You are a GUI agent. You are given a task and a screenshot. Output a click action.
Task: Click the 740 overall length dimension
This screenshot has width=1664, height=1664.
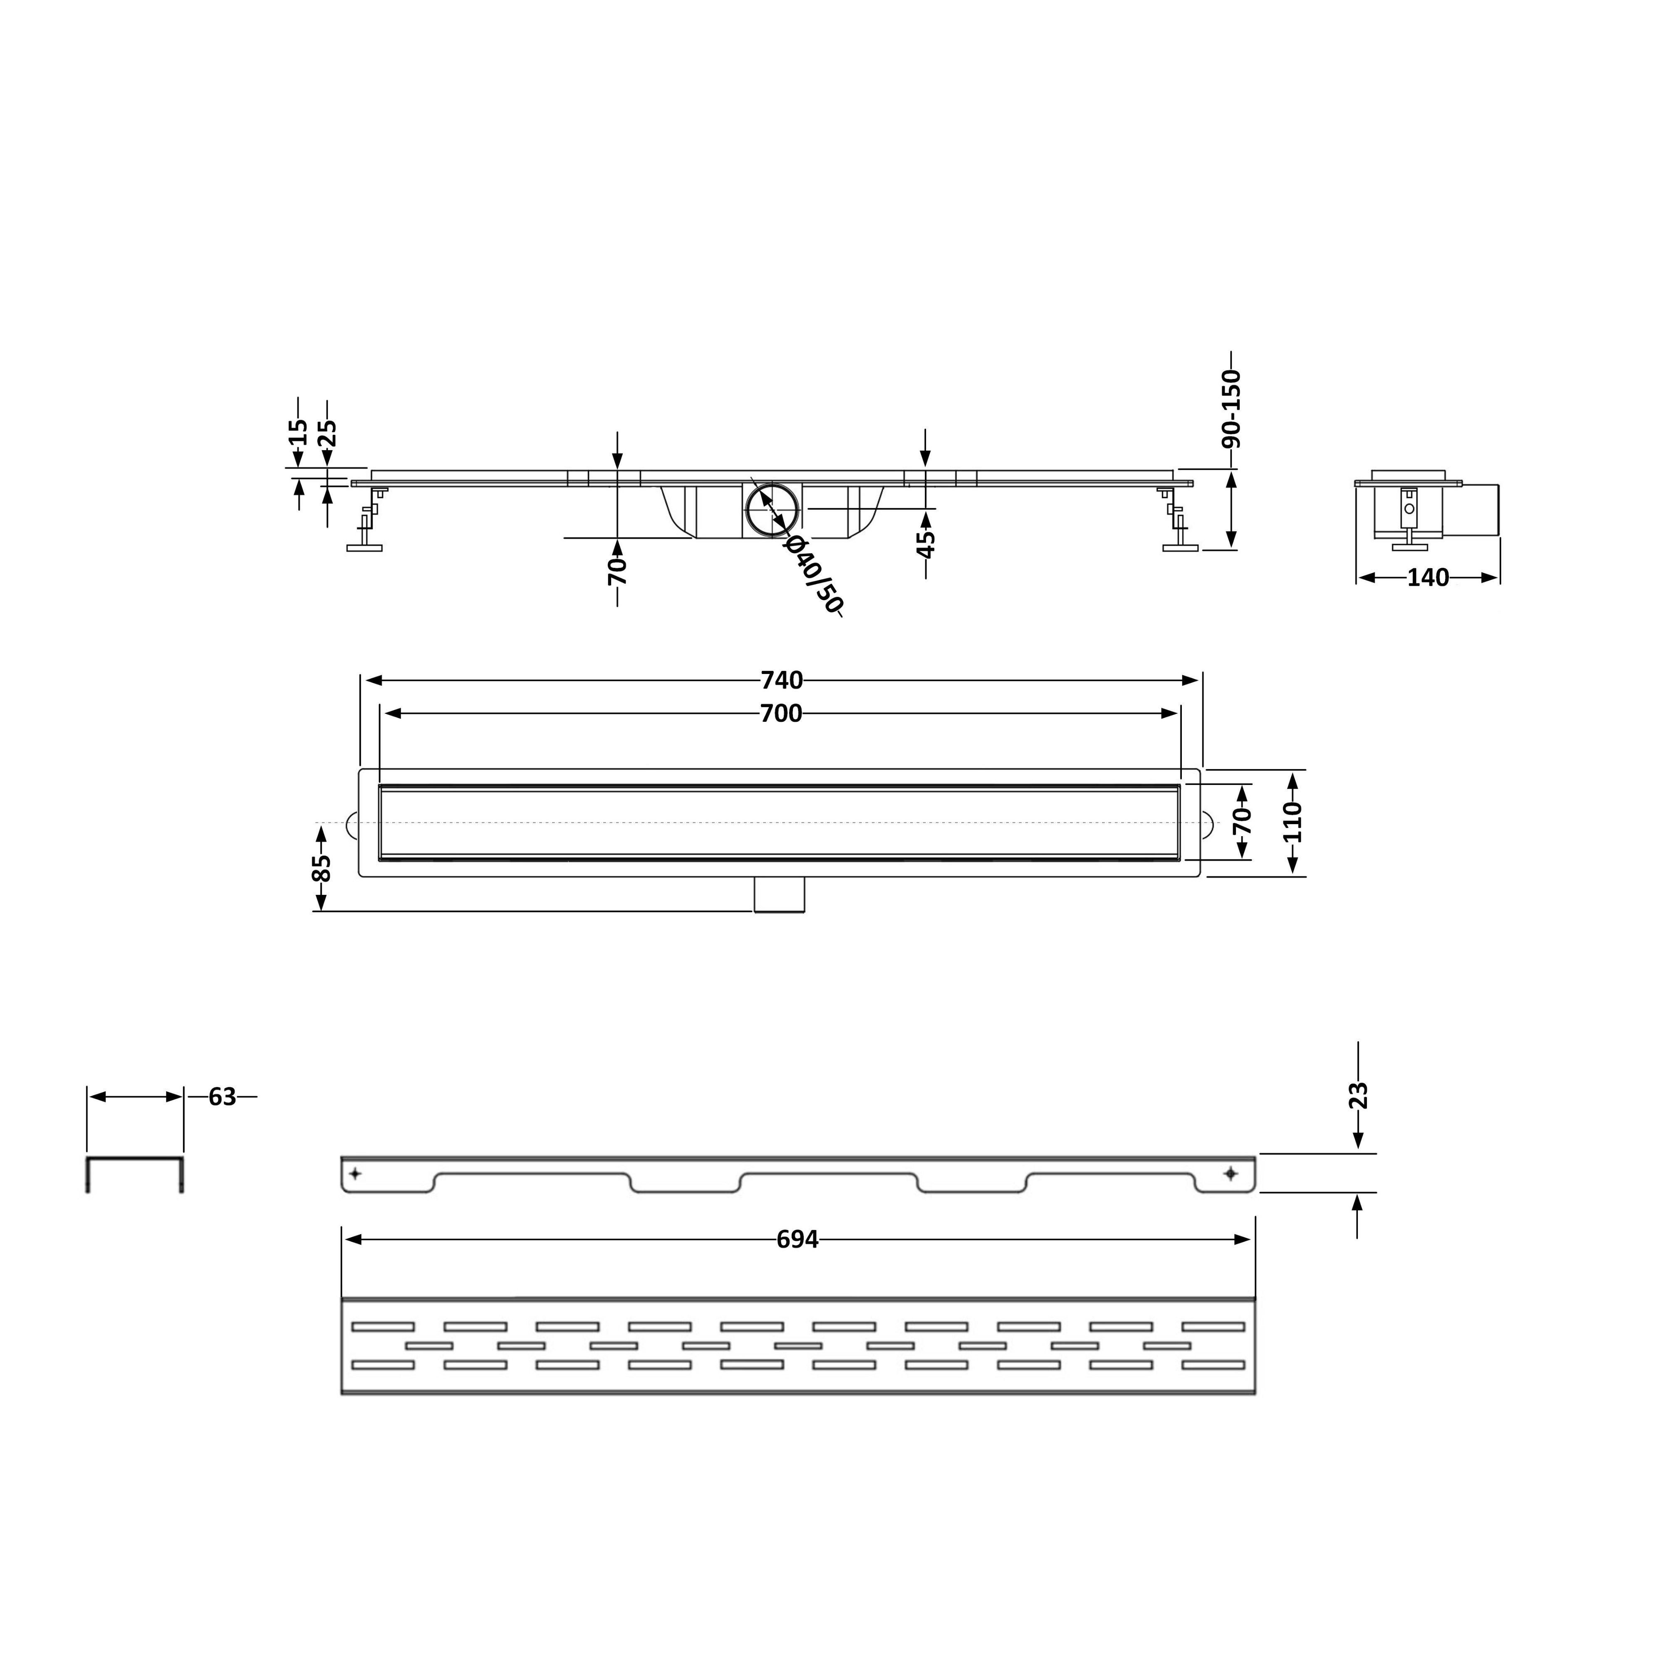pos(782,681)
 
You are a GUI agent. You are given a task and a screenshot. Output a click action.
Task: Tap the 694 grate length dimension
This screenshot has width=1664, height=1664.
pos(797,1239)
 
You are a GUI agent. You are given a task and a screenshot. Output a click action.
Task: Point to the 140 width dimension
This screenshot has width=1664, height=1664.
pos(1428,578)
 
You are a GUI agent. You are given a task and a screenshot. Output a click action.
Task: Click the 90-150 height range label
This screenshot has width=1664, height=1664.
pos(1232,408)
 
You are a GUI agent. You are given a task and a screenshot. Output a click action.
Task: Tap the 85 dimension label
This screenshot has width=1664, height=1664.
pos(320,868)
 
